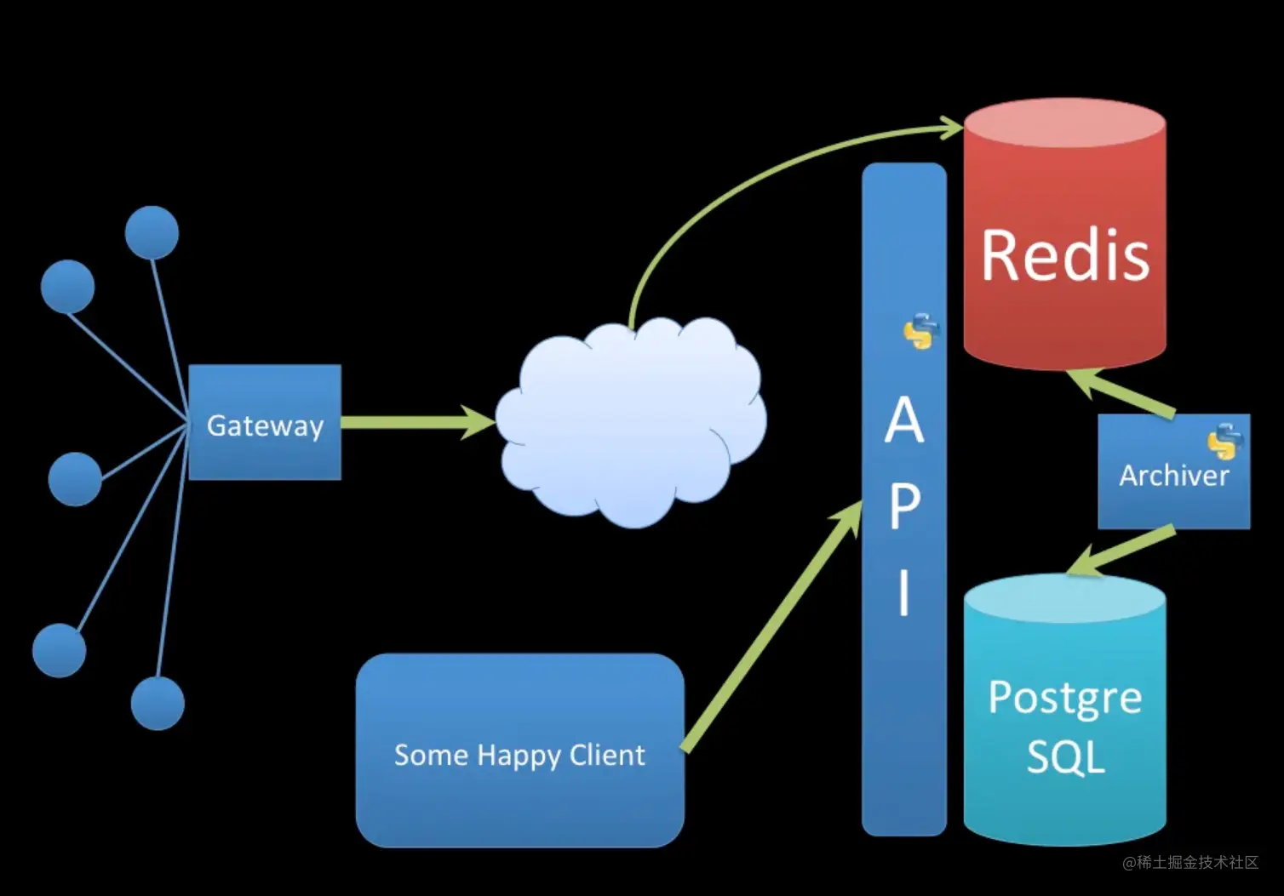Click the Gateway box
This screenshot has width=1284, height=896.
point(265,423)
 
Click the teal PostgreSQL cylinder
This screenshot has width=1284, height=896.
point(1064,723)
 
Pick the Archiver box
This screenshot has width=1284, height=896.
point(1173,473)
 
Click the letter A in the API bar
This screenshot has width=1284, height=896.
point(904,421)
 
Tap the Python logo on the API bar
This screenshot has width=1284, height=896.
point(920,332)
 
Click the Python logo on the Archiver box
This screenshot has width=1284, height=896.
point(1224,441)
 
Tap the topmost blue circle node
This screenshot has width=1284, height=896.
point(152,232)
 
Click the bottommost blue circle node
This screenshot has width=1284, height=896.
point(158,704)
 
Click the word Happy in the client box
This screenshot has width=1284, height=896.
point(519,756)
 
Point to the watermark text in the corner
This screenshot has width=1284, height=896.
point(1189,863)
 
